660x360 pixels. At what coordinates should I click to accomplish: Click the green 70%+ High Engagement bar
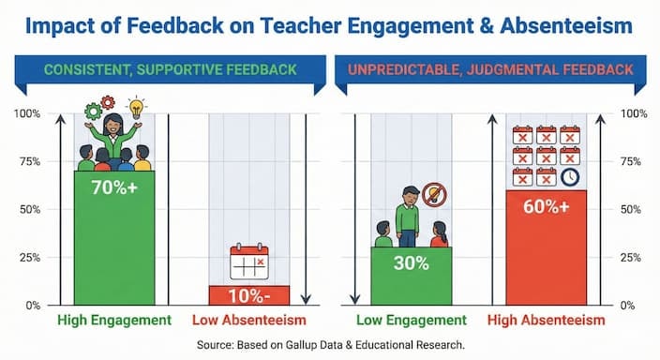click(114, 238)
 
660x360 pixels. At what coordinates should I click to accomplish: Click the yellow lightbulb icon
click(137, 106)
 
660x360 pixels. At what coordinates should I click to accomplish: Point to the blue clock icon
click(570, 176)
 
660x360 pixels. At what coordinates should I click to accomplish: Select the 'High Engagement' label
click(114, 321)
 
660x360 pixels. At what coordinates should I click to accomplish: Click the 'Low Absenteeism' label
click(248, 321)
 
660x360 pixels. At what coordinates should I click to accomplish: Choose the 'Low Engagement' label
click(411, 321)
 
